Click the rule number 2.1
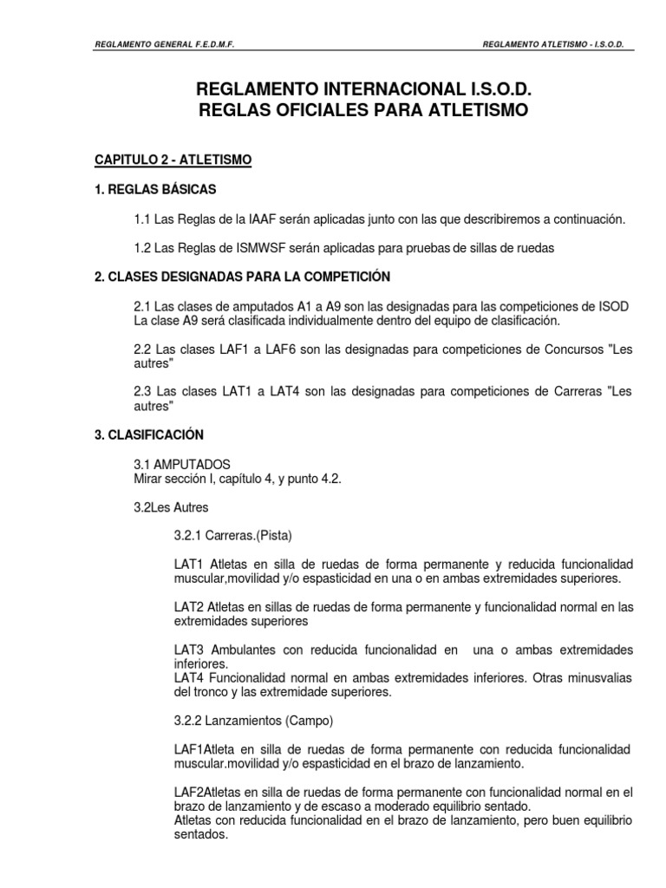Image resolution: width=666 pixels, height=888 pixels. click(142, 309)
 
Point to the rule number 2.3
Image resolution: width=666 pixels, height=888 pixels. click(142, 392)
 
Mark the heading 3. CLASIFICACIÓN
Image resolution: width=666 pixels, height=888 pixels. click(149, 434)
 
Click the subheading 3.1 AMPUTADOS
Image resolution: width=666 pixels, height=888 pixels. click(182, 466)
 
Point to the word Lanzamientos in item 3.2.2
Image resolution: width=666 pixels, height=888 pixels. click(252, 720)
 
